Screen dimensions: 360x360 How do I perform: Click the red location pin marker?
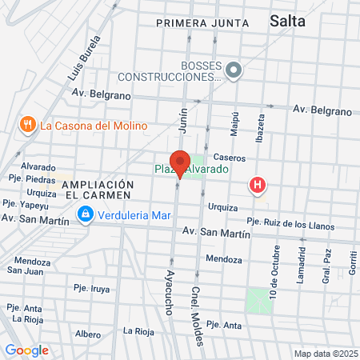[x=179, y=163]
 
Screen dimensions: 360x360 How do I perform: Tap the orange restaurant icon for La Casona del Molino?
[x=28, y=124]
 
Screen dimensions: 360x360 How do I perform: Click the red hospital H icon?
[x=258, y=186]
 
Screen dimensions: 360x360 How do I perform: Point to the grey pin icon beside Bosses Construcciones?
[x=234, y=71]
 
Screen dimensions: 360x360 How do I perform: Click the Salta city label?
[x=288, y=22]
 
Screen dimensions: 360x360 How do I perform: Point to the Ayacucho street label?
[x=170, y=292]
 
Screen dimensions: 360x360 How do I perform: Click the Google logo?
[x=26, y=350]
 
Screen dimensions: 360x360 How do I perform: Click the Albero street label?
[x=87, y=333]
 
